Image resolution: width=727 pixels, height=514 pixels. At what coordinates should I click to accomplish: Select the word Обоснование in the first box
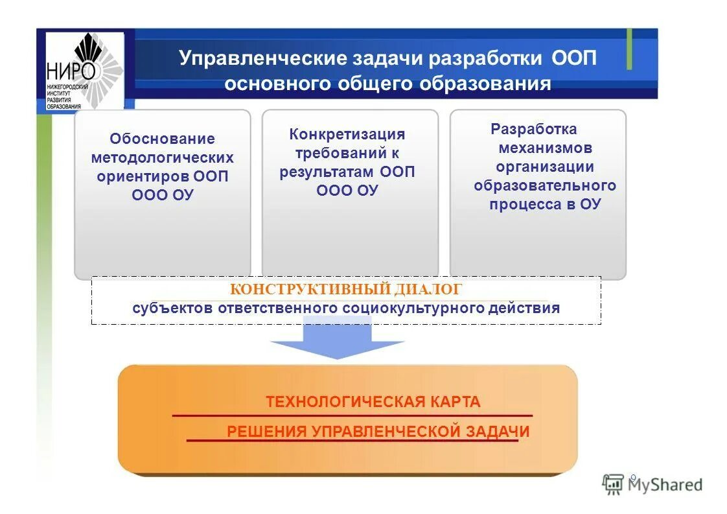click(162, 139)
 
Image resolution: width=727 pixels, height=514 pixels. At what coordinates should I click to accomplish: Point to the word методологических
click(162, 158)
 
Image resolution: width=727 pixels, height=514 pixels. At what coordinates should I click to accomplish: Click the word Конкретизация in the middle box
click(347, 134)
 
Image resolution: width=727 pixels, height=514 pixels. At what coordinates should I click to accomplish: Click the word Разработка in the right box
click(533, 129)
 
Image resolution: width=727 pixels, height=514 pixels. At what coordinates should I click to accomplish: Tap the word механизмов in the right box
click(545, 148)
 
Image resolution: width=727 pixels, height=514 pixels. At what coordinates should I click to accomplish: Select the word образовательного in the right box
click(544, 185)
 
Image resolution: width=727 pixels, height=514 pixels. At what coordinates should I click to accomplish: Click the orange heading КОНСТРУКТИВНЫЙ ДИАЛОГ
click(346, 290)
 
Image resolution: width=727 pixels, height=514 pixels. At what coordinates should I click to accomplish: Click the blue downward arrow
click(337, 340)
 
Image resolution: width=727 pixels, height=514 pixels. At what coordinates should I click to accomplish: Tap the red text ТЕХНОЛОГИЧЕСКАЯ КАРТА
click(373, 402)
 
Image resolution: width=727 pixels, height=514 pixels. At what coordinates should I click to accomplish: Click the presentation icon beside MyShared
click(612, 483)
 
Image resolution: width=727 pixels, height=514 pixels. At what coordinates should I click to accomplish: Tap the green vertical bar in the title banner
click(629, 49)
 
